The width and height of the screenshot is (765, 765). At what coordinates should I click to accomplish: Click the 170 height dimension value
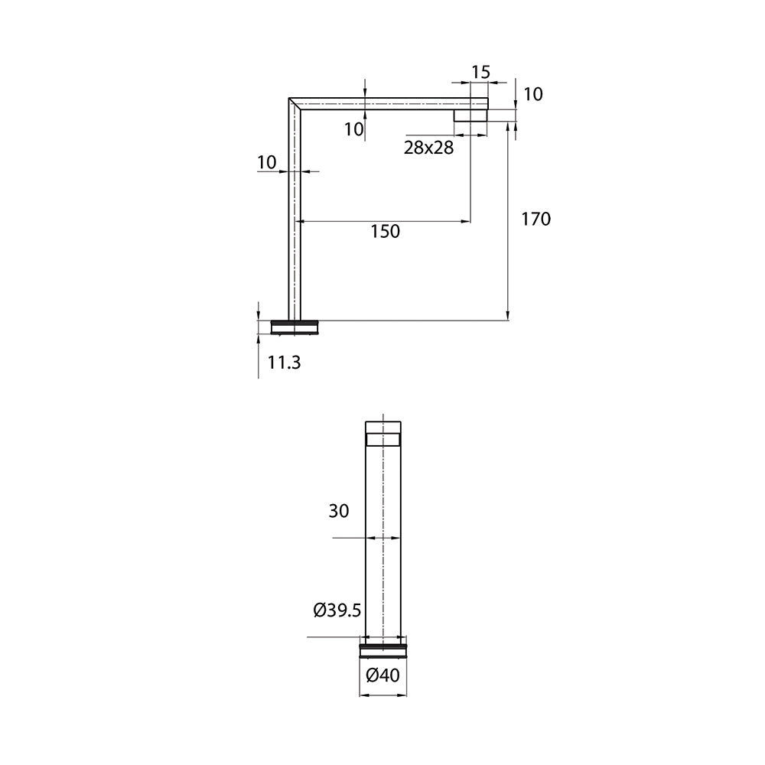(535, 220)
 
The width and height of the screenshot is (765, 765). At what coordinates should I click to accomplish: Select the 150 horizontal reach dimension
(385, 231)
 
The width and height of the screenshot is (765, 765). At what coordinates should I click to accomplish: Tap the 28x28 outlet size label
(428, 148)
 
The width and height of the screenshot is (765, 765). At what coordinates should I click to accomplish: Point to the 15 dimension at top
(480, 72)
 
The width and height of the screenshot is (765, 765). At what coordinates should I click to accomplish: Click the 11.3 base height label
(284, 363)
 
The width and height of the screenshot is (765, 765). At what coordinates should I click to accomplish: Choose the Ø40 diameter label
(382, 675)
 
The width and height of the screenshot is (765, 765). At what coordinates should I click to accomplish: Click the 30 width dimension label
(339, 511)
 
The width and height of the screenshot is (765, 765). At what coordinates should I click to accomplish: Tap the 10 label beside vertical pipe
(266, 162)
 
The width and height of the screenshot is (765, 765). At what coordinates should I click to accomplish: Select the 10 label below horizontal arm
(353, 129)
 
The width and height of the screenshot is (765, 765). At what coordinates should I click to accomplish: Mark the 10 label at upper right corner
(533, 94)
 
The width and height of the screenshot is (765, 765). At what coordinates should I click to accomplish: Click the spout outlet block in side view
(471, 116)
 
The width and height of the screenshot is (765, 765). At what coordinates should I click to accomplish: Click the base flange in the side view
(295, 327)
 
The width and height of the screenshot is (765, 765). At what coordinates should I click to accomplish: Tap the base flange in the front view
(382, 650)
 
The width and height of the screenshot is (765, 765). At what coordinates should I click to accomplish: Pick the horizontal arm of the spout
(382, 104)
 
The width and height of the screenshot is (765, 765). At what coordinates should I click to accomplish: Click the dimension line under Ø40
(382, 695)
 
